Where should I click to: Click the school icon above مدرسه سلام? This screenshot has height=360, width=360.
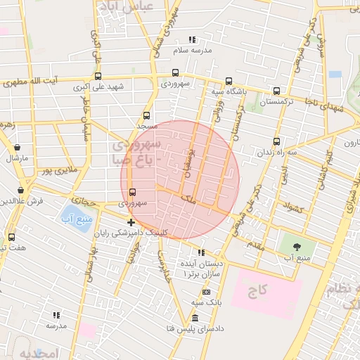point(192,39)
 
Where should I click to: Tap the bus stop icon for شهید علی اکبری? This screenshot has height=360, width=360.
point(98,77)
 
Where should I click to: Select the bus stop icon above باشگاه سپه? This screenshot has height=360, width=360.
point(229,81)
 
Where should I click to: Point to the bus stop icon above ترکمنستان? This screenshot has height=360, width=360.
point(276,91)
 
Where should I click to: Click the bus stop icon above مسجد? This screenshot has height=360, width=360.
point(146,115)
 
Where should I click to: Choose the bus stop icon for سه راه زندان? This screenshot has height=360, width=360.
point(276,141)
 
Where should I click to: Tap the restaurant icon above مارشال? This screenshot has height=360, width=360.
point(17,148)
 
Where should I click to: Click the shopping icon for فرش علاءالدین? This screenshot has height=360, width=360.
point(21,190)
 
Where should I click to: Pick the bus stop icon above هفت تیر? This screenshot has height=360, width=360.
point(11,237)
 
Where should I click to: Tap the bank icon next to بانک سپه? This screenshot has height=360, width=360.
point(207,291)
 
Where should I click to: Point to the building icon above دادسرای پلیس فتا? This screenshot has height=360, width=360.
point(195,319)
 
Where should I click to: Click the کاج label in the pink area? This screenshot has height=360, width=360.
point(264,290)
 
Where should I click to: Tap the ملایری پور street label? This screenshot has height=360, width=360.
point(56,169)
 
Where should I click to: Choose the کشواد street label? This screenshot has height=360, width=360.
point(290,207)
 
